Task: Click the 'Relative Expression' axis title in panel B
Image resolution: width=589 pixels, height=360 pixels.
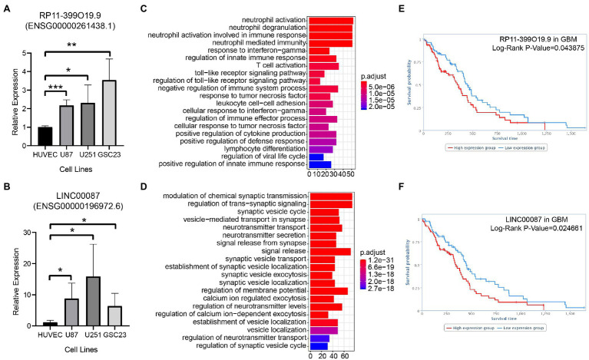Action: [11, 280]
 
